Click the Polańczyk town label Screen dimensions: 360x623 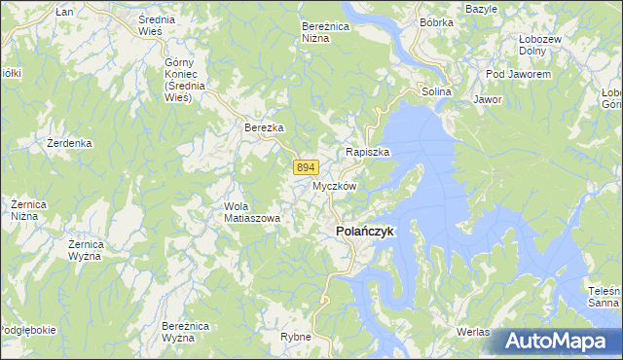[x=365, y=232]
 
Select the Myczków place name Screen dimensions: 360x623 [x=335, y=186]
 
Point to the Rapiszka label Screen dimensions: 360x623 [x=368, y=153]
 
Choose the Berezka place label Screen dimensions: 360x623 [x=263, y=127]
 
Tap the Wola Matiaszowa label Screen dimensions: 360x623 [x=252, y=212]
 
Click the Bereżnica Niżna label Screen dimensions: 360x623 [x=325, y=32]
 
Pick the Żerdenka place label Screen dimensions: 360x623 [x=69, y=143]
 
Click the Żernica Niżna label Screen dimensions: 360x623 [x=30, y=210]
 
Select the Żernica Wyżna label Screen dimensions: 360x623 [x=94, y=250]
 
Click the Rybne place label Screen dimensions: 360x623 [x=295, y=337]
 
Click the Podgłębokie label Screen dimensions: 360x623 [x=27, y=330]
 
